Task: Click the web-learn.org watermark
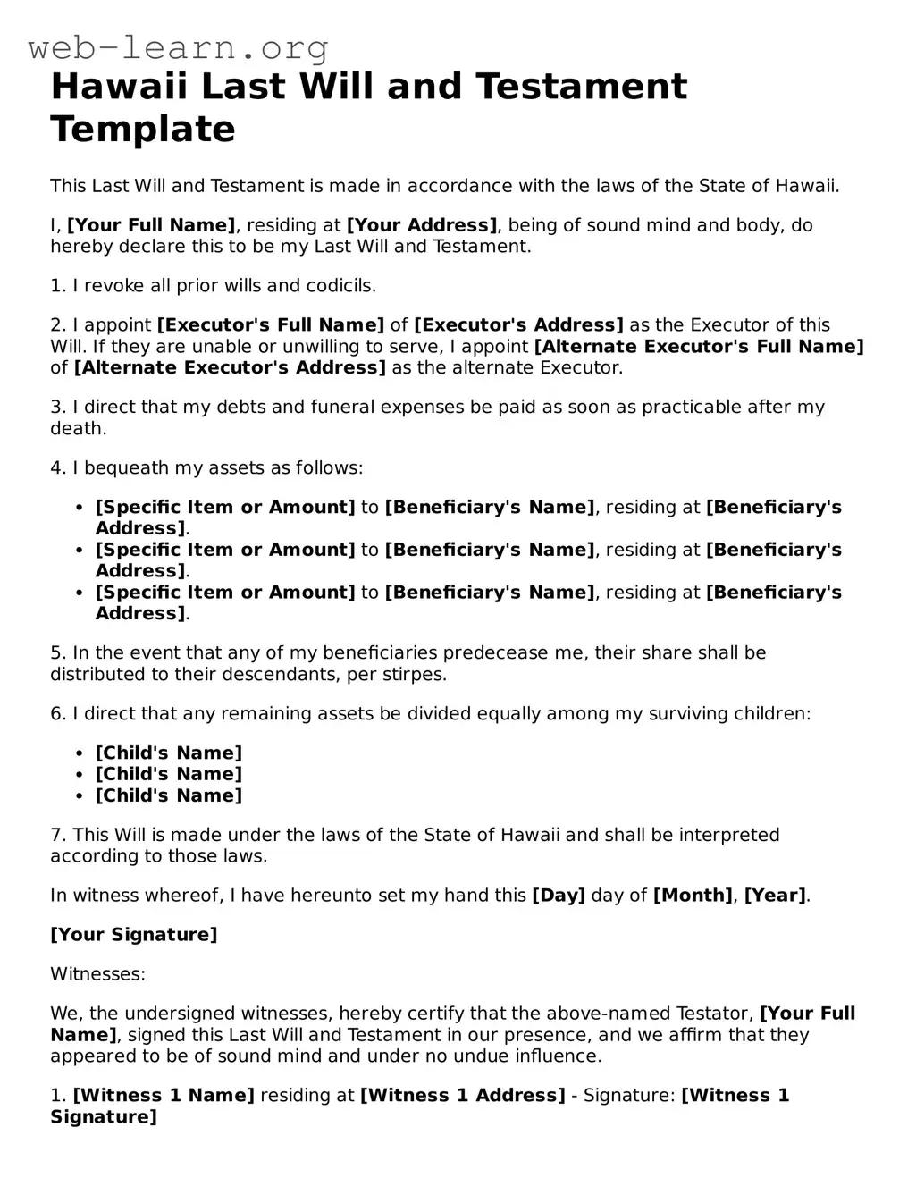178,46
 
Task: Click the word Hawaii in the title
118,87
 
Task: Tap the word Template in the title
143,129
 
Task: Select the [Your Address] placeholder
422,225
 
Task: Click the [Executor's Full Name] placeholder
271,325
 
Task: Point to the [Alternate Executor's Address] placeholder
230,367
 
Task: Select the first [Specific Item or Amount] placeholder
225,507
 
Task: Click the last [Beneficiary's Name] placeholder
490,592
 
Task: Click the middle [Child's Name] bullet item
169,774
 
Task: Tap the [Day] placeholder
559,895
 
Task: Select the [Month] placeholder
693,895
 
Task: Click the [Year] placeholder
775,895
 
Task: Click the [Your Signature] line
134,934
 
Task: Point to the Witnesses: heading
97,973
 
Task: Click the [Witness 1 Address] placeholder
462,1095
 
